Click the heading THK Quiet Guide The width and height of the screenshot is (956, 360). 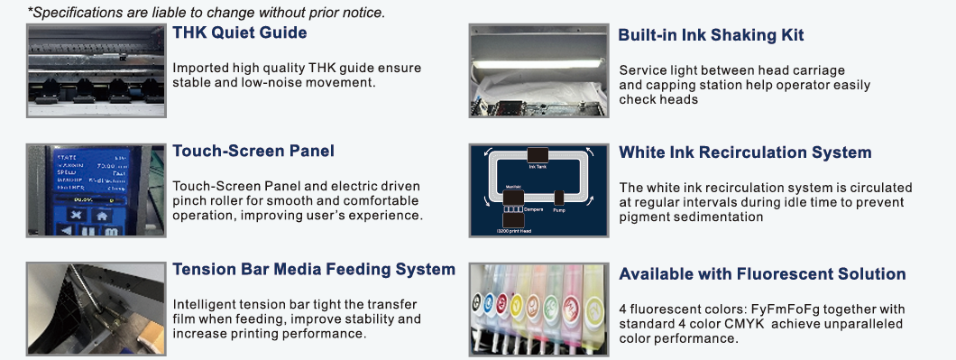[240, 32]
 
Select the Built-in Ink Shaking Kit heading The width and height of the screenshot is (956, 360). [711, 35]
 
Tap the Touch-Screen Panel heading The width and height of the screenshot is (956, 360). [253, 151]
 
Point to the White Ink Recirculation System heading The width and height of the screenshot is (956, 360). [745, 152]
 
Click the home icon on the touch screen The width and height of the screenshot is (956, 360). [101, 216]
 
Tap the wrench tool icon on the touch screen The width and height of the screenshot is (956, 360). [76, 216]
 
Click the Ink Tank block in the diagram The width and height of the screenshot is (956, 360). [538, 155]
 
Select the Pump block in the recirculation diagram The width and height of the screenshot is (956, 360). [559, 198]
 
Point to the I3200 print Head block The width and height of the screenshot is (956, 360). [513, 221]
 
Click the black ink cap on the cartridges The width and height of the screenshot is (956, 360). [477, 300]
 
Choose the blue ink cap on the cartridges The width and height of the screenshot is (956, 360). [489, 301]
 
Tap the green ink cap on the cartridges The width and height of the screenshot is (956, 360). [552, 303]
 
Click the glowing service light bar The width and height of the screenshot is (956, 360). [539, 63]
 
